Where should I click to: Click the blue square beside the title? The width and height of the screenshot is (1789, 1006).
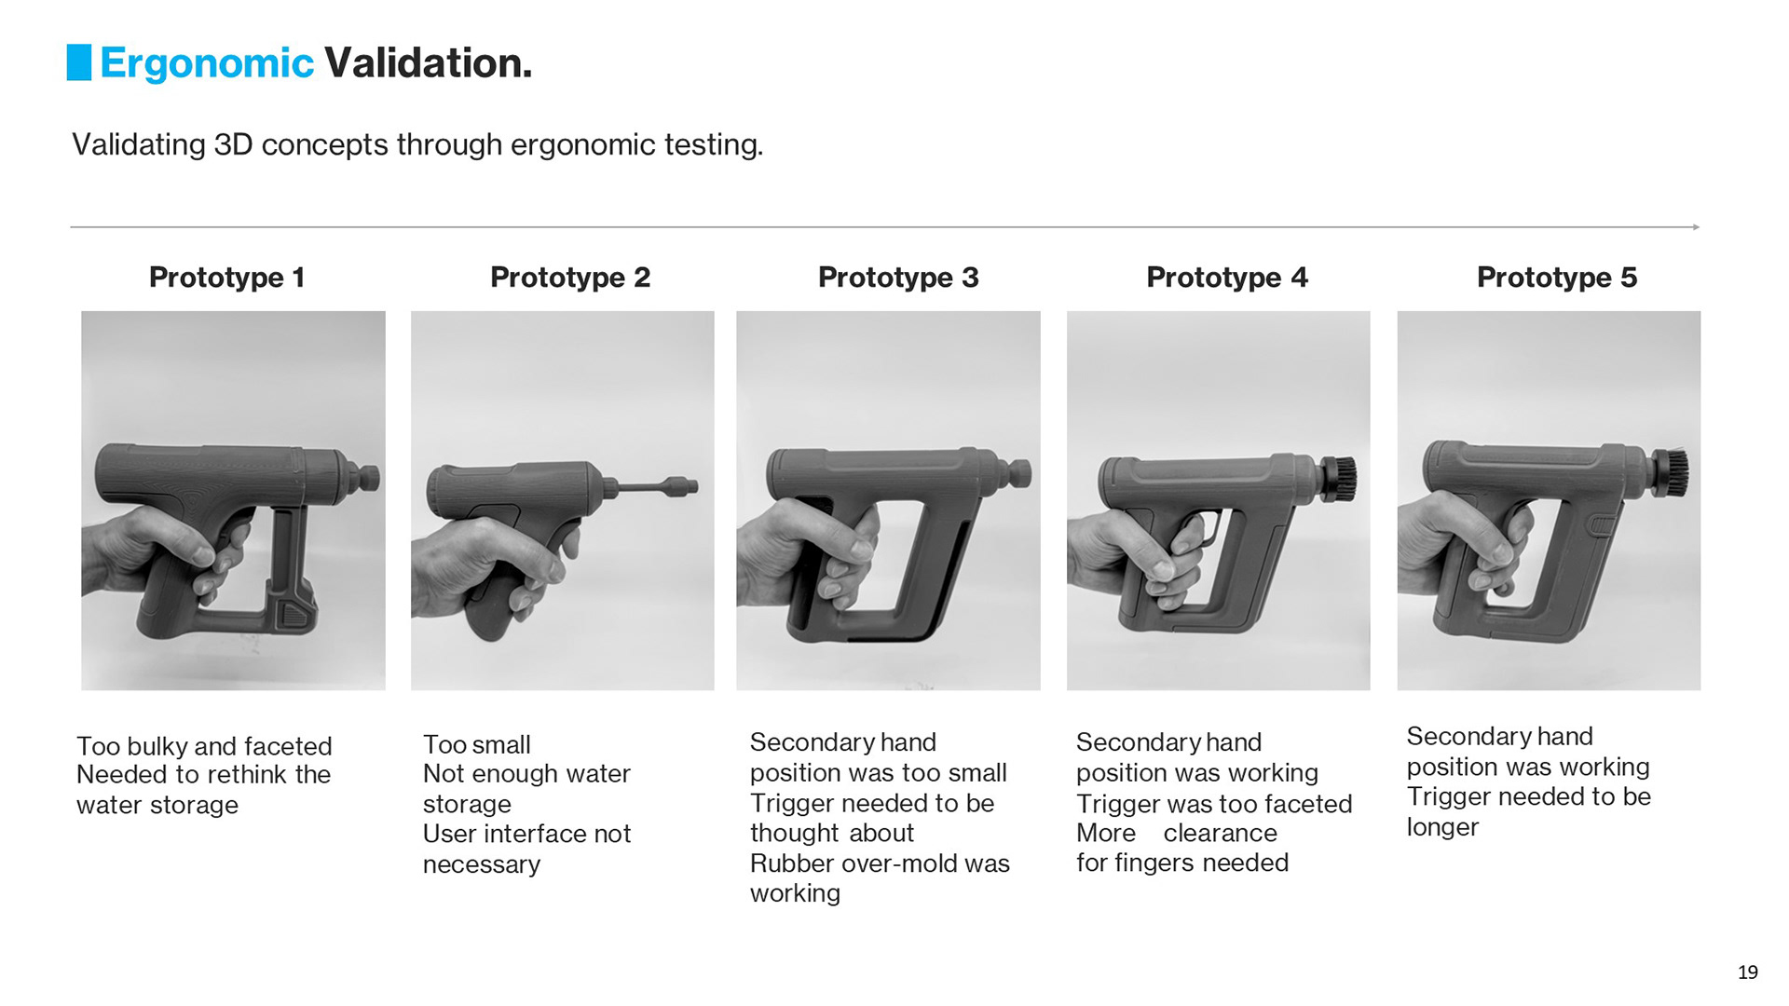pos(79,62)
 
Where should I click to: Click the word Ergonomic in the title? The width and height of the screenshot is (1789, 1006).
pos(207,63)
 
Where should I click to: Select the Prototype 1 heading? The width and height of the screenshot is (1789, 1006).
pos(226,277)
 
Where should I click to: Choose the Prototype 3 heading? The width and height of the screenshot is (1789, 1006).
pos(898,277)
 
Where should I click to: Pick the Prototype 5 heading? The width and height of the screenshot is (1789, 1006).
pos(1557,277)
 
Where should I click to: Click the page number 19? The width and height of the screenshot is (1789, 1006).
pos(1747,972)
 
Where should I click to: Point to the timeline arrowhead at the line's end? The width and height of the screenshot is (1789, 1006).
pos(1696,227)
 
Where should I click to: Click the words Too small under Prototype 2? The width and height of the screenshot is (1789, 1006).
pos(476,744)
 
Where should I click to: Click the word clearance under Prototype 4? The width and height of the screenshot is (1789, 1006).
pos(1220,833)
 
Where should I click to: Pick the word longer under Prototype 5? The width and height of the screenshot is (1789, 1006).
pos(1442,827)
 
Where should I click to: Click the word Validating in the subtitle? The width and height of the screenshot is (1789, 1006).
pos(139,145)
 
